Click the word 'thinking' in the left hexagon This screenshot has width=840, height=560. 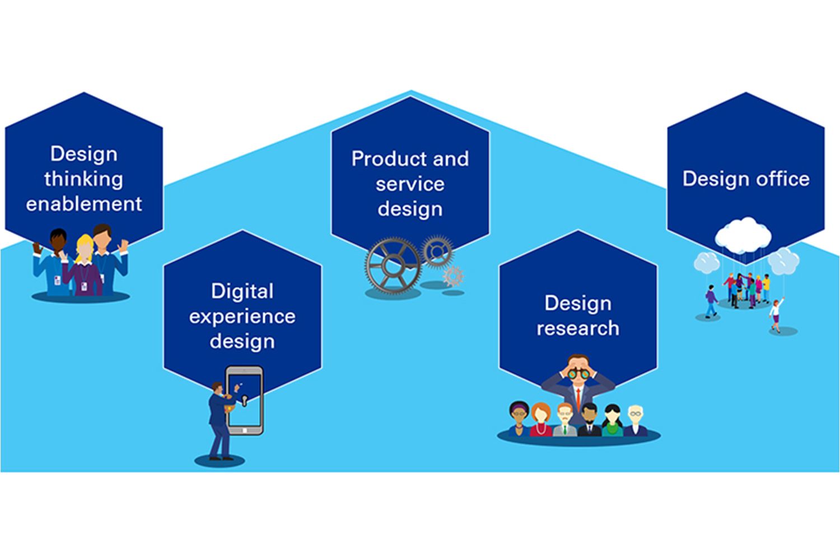tap(83, 179)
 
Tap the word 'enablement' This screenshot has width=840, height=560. tap(84, 204)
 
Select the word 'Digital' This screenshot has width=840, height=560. tap(242, 291)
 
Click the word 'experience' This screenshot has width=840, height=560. tap(242, 317)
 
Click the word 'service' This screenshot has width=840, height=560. tap(410, 184)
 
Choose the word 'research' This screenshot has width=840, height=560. tap(578, 328)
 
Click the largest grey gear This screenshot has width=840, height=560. tap(393, 264)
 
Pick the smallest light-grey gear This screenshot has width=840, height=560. tap(453, 276)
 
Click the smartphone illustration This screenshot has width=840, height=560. tap(245, 400)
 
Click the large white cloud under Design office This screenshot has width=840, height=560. tap(744, 234)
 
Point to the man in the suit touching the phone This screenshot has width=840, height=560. tap(218, 420)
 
